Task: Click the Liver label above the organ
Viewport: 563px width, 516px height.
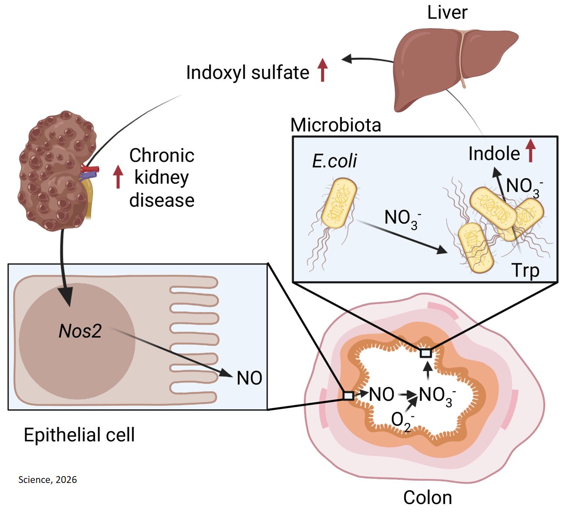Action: point(447,12)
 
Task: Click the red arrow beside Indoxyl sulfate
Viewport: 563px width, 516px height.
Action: point(323,70)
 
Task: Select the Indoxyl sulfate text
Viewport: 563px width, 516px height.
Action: point(247,73)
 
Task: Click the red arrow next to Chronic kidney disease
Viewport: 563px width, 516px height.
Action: point(118,177)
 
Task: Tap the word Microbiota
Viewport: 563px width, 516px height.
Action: point(335,125)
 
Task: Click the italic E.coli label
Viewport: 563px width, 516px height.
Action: point(334,161)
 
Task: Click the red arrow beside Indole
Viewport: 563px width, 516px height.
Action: point(530,151)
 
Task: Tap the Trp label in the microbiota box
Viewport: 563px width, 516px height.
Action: point(525,271)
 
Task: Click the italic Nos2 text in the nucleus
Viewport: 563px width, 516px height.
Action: point(80,331)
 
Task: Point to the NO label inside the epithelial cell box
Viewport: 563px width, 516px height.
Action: point(249,378)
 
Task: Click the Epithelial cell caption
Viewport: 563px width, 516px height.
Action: point(79,435)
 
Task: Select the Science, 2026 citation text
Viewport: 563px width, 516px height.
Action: point(48,480)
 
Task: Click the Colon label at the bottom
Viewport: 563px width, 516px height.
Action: point(427,498)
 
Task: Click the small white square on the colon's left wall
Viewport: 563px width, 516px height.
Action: point(348,395)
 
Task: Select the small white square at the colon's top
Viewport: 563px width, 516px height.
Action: point(426,353)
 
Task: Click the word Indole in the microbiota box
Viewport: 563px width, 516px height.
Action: point(494,154)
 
